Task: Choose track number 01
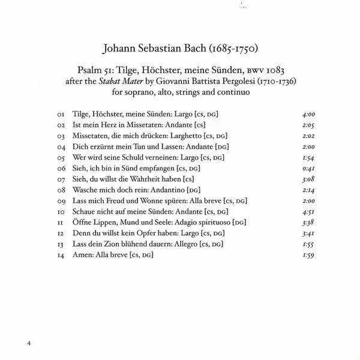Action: (x=59, y=113)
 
